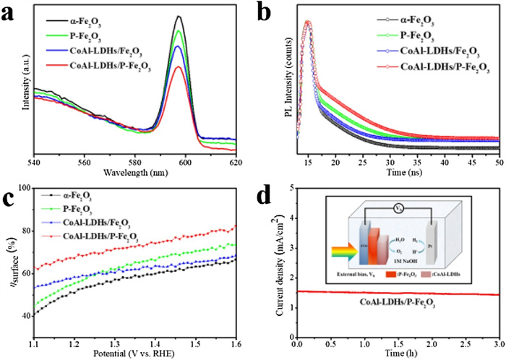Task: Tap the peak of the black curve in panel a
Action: pos(179,16)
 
